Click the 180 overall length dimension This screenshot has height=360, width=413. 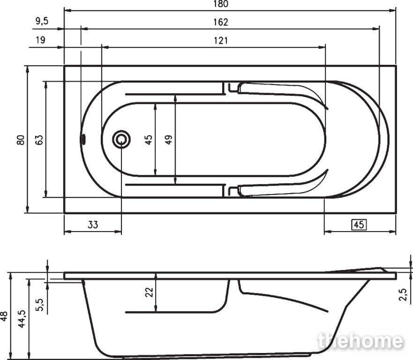tap(221, 4)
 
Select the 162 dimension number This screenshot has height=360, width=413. tap(221, 22)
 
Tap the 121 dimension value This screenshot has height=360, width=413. tap(221, 41)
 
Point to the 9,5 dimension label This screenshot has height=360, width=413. tap(42, 21)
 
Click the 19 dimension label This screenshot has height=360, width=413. tap(40, 40)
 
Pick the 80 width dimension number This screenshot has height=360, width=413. tap(21, 140)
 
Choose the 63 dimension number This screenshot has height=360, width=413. tap(39, 140)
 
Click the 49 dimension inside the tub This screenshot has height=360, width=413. tap(169, 139)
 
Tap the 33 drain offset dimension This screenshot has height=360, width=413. tap(93, 225)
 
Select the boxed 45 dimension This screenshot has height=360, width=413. tap(359, 225)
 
